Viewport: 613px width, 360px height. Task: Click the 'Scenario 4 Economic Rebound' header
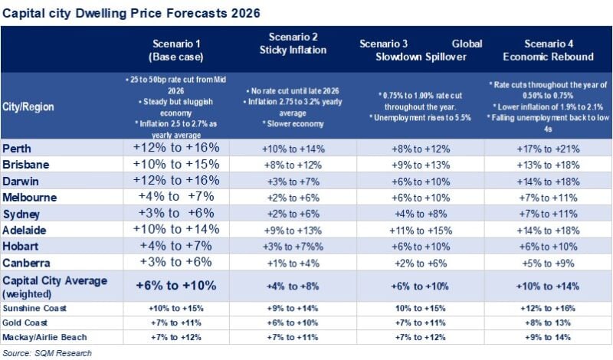pos(548,50)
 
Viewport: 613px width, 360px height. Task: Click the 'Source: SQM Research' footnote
pos(47,352)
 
